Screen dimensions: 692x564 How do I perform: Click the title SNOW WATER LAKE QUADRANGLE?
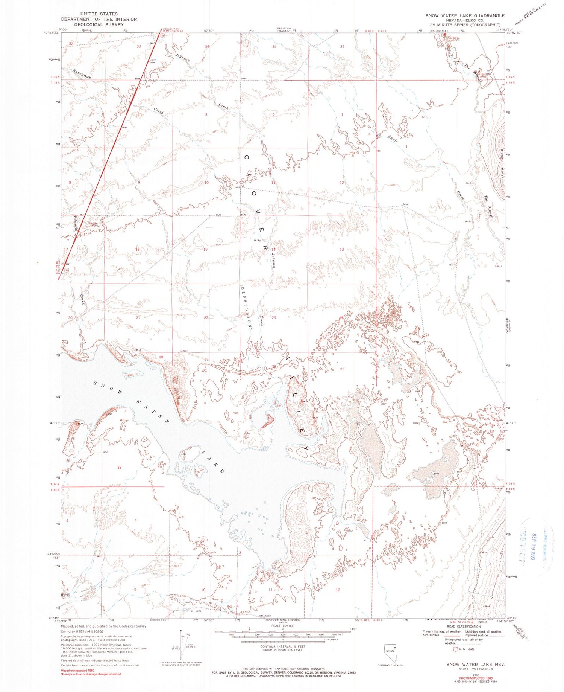pos(465,15)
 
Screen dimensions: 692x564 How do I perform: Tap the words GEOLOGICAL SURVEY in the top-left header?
pos(99,24)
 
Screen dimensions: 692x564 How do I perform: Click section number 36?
pos(342,47)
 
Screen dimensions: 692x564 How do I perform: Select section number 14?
pos(274,250)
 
